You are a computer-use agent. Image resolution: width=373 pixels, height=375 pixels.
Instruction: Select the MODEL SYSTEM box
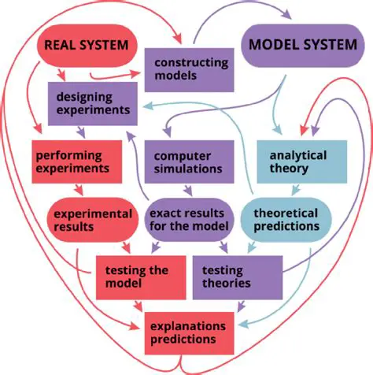[x=302, y=44]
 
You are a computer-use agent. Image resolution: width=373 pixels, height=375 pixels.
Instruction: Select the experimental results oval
[x=82, y=219]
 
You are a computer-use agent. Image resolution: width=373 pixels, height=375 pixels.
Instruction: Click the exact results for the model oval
[x=189, y=220]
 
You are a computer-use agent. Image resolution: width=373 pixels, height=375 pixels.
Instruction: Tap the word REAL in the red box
[x=61, y=44]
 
